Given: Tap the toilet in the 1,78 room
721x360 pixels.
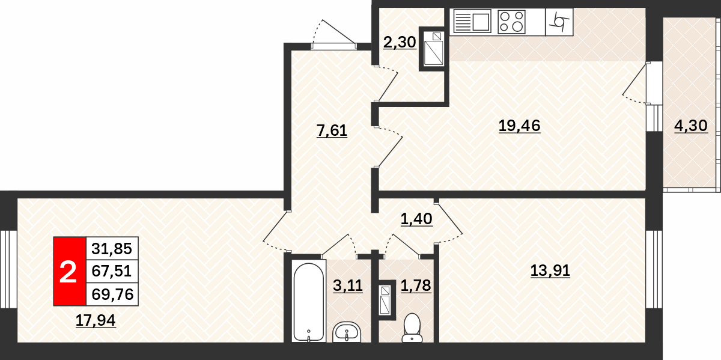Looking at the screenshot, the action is coord(412,328).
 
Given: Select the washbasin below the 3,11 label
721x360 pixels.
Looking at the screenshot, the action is coord(347,332).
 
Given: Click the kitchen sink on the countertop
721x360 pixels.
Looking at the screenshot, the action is coord(472,21).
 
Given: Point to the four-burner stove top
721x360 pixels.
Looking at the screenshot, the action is coord(511,22).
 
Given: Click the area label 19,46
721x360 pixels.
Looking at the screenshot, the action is coord(519,126).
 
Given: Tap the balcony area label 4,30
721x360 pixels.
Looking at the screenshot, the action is coord(691,126).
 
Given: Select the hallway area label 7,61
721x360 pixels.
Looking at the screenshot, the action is coord(332,130).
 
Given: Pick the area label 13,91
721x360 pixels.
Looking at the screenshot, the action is coord(550,270).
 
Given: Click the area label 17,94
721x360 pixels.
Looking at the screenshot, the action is coord(96,320).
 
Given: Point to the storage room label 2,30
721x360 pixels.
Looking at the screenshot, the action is coord(400,42).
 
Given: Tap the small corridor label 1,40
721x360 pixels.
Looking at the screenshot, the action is coord(416,219).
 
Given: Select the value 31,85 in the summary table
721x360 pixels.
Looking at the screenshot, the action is coord(112,249).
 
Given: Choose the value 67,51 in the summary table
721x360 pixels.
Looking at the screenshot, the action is coord(112,271).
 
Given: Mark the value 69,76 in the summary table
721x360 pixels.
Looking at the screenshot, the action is coord(112,294).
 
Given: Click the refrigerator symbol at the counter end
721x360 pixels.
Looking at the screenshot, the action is coord(559,22).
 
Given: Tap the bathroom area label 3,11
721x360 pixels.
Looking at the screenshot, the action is coord(348,285).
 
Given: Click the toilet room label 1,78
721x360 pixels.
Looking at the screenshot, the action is coord(416,285).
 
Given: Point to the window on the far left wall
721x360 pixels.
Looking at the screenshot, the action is coord(8,269).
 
